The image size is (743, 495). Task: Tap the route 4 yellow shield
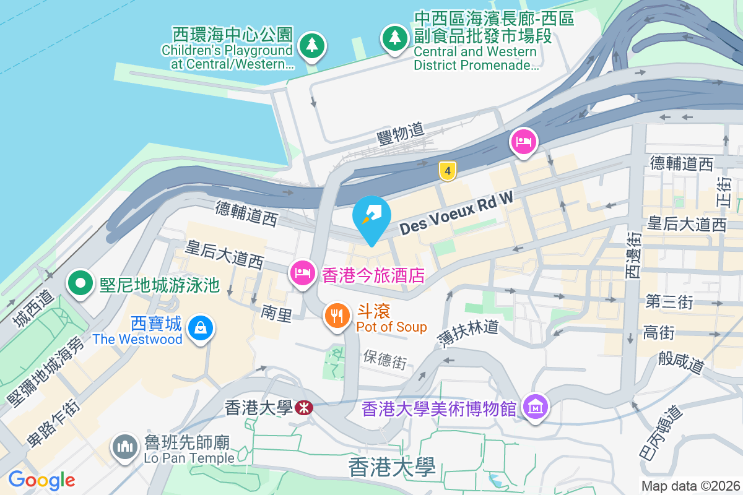(x=447, y=171)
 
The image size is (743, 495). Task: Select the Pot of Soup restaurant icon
(x=337, y=316)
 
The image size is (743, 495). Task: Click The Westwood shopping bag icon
(x=201, y=327)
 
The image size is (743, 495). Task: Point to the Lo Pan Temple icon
(x=126, y=447)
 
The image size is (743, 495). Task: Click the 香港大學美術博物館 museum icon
(x=534, y=406)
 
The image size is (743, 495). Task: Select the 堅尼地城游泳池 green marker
(x=80, y=284)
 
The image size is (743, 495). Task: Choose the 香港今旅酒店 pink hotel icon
(x=303, y=273)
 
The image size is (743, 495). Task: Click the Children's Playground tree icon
(x=312, y=45)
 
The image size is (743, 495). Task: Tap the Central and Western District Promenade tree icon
(x=394, y=37)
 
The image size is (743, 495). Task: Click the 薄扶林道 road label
(x=471, y=334)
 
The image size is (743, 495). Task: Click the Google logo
(x=41, y=480)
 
